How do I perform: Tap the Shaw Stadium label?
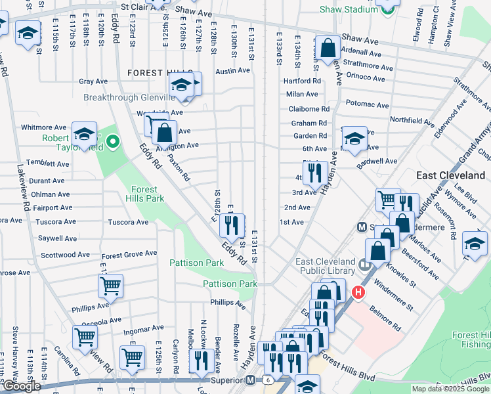[348, 9]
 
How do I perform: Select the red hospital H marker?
[358, 292]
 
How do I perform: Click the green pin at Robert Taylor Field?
[113, 141]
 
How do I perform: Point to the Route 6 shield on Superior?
[268, 380]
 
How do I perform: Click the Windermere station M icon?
[361, 227]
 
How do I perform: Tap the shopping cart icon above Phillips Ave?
[110, 286]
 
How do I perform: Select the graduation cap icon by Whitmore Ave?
[84, 134]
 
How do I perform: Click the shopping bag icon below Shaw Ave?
[328, 47]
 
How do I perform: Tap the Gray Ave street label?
[93, 81]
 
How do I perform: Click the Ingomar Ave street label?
[144, 328]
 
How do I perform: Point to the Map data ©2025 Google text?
[450, 389]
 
